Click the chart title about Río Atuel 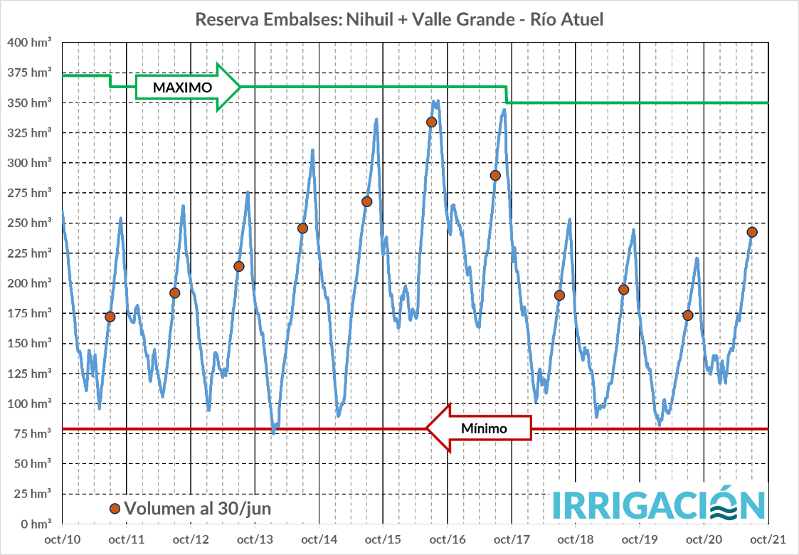[399, 19]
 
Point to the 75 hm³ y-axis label [31, 433]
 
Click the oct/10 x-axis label [63, 539]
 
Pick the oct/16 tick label [448, 539]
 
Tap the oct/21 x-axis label [768, 539]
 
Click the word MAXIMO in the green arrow [174, 88]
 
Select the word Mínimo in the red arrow [484, 428]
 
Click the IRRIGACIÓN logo [659, 504]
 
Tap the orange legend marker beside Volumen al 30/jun [115, 509]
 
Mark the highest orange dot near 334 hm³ [431, 122]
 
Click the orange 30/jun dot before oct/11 [110, 317]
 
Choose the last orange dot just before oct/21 [752, 232]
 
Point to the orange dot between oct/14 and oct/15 [367, 201]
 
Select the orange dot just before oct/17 [495, 175]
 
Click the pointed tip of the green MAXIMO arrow [240, 87]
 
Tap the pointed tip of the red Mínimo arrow [427, 428]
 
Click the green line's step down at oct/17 [506, 95]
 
